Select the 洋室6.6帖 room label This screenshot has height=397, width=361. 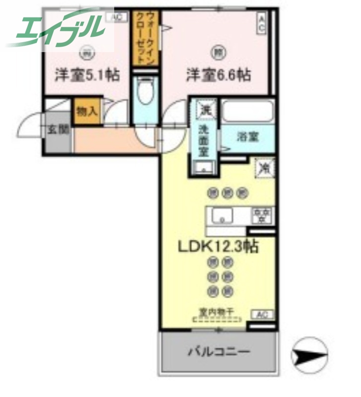pyautogui.click(x=218, y=76)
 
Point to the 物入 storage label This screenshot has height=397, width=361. pyautogui.click(x=86, y=111)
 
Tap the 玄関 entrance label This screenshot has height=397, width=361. pyautogui.click(x=58, y=130)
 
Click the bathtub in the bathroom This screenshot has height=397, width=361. pyautogui.click(x=247, y=111)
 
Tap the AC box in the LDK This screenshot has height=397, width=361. pyautogui.click(x=262, y=314)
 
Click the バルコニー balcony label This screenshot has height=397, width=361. pyautogui.click(x=218, y=353)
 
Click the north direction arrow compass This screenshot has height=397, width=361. pyautogui.click(x=309, y=354)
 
